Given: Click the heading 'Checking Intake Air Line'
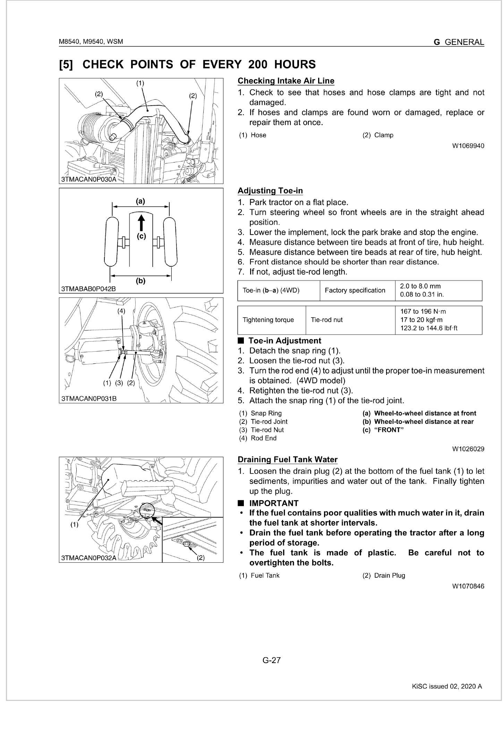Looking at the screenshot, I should [x=286, y=81].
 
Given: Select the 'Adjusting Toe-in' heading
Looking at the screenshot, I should [x=270, y=191].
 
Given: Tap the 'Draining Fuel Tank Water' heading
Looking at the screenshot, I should [x=287, y=459].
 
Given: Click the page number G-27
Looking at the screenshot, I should [x=272, y=660].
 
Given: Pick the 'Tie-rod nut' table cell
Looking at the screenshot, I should [x=327, y=320].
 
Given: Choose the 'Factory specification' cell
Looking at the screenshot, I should [x=355, y=290].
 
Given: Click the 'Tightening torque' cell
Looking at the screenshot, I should [x=268, y=320].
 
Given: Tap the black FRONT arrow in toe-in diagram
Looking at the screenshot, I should [x=141, y=222].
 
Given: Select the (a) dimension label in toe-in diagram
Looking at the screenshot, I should [x=140, y=201].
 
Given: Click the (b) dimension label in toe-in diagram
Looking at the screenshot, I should [x=140, y=281].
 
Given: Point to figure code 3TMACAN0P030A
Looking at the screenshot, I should [x=88, y=179].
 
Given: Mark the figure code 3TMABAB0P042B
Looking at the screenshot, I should [x=88, y=289].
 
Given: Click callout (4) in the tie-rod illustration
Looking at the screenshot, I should [x=121, y=311].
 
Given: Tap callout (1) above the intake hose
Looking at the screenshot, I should [x=140, y=83].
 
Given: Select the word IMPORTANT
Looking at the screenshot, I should [x=274, y=503].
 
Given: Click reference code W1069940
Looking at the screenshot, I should [x=468, y=146].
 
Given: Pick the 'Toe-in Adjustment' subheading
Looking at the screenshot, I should [x=285, y=341].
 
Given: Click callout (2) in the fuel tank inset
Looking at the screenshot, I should [x=201, y=558].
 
